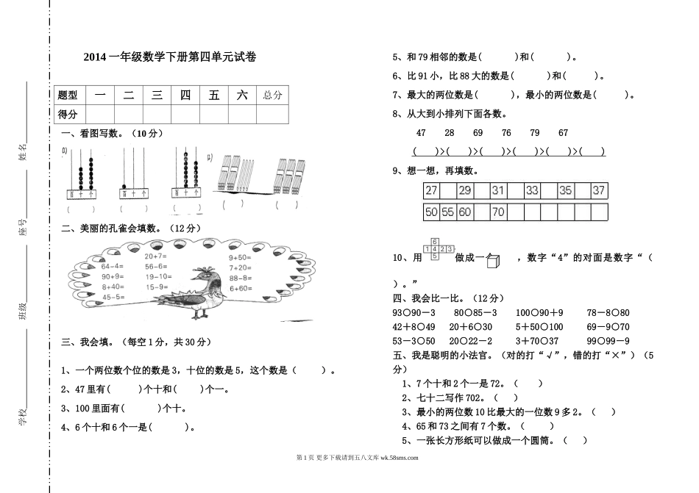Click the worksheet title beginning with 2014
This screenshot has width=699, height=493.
tap(170, 57)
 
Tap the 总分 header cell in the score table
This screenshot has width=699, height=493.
tap(272, 95)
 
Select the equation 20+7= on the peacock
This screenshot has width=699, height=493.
tap(156, 256)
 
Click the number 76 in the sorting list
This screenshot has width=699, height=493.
tap(506, 133)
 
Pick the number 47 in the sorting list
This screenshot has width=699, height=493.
tap(421, 133)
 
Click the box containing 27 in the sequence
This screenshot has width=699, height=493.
tap(431, 190)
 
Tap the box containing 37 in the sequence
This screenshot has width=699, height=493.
tap(599, 190)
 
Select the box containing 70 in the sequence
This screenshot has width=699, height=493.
tap(498, 212)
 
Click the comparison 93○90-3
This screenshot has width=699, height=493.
tap(414, 313)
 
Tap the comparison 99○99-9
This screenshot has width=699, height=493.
tap(608, 341)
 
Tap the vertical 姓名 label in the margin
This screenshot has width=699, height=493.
tap(23, 153)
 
